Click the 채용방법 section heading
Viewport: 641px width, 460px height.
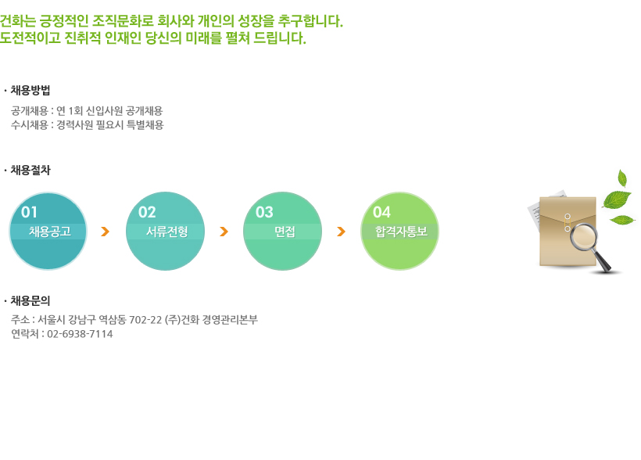click(30, 90)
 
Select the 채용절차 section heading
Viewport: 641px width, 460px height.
click(30, 170)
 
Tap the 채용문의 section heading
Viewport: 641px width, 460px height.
click(30, 301)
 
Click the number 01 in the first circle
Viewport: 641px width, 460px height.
click(29, 212)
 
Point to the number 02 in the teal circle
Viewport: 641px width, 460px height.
click(147, 212)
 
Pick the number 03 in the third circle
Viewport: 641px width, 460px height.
click(264, 212)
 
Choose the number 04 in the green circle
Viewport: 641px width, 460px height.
click(381, 212)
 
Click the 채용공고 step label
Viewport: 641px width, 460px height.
click(49, 232)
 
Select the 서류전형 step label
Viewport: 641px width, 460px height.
click(167, 232)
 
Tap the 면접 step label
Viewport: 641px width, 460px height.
click(285, 232)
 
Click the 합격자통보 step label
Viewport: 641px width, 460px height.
click(402, 232)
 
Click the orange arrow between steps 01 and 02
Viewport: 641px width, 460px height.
click(105, 232)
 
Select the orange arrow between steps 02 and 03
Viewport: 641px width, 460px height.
click(224, 232)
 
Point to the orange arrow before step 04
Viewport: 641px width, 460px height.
click(341, 232)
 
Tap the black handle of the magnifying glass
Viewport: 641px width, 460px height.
click(601, 262)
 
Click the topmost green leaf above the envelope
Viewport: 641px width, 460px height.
click(622, 178)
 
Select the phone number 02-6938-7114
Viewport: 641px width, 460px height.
click(80, 334)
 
